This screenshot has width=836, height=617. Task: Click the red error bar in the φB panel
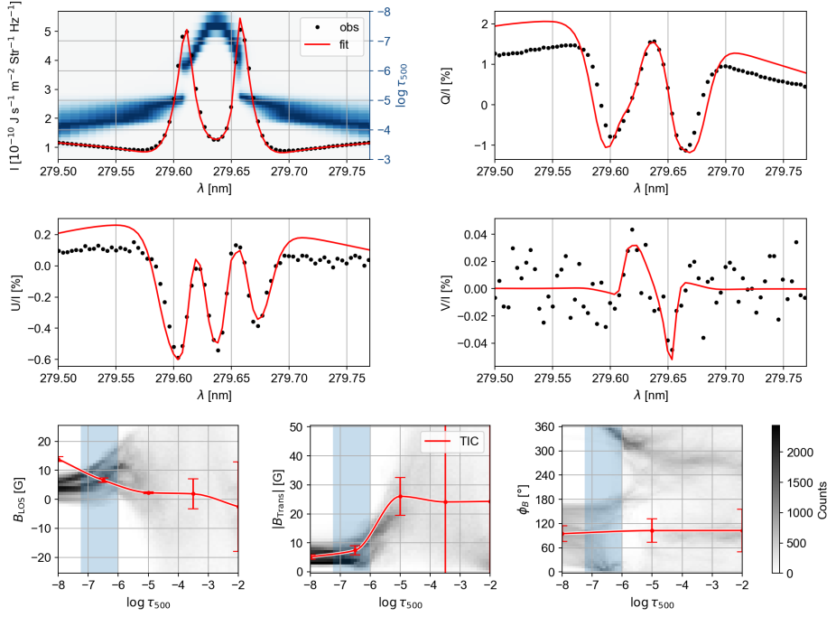tap(652, 529)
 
